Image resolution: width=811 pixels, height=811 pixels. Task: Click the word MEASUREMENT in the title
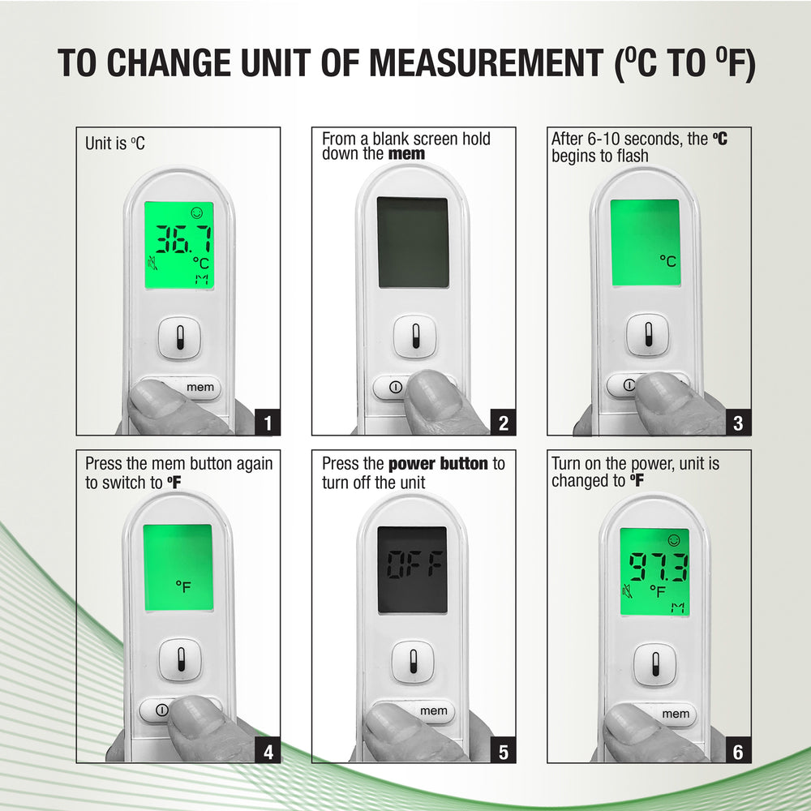pos(486,63)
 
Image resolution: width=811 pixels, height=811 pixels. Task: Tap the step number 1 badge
pos(268,423)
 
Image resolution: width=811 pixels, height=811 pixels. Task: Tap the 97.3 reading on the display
pos(658,567)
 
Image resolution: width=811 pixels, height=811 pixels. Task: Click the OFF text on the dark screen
pos(414,564)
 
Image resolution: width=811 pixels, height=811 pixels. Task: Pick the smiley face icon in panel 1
pos(196,212)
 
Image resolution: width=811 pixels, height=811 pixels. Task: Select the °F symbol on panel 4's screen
pos(183,586)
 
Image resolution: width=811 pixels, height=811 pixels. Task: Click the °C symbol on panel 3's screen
pos(667,260)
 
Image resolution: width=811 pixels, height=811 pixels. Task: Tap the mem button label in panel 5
pos(433,710)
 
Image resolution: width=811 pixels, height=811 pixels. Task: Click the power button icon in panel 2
pos(396,387)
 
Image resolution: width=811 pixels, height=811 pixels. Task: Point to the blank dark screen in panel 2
pos(413,242)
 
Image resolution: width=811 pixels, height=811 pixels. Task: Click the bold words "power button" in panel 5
pos(438,463)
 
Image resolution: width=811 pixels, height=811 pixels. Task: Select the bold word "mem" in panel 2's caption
pos(406,153)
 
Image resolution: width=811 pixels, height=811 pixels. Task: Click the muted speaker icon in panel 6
pos(628,590)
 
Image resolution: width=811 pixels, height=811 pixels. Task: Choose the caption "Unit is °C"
pos(115,144)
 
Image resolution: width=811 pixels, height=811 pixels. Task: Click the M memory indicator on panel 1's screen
pos(201,280)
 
